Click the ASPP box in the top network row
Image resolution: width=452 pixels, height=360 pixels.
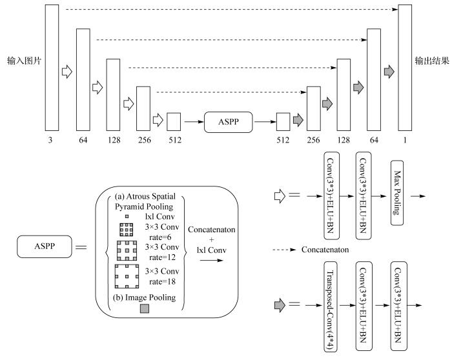(227, 121)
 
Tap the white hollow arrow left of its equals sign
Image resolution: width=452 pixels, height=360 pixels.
(278, 195)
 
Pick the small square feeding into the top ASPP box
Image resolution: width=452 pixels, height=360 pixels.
(174, 121)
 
